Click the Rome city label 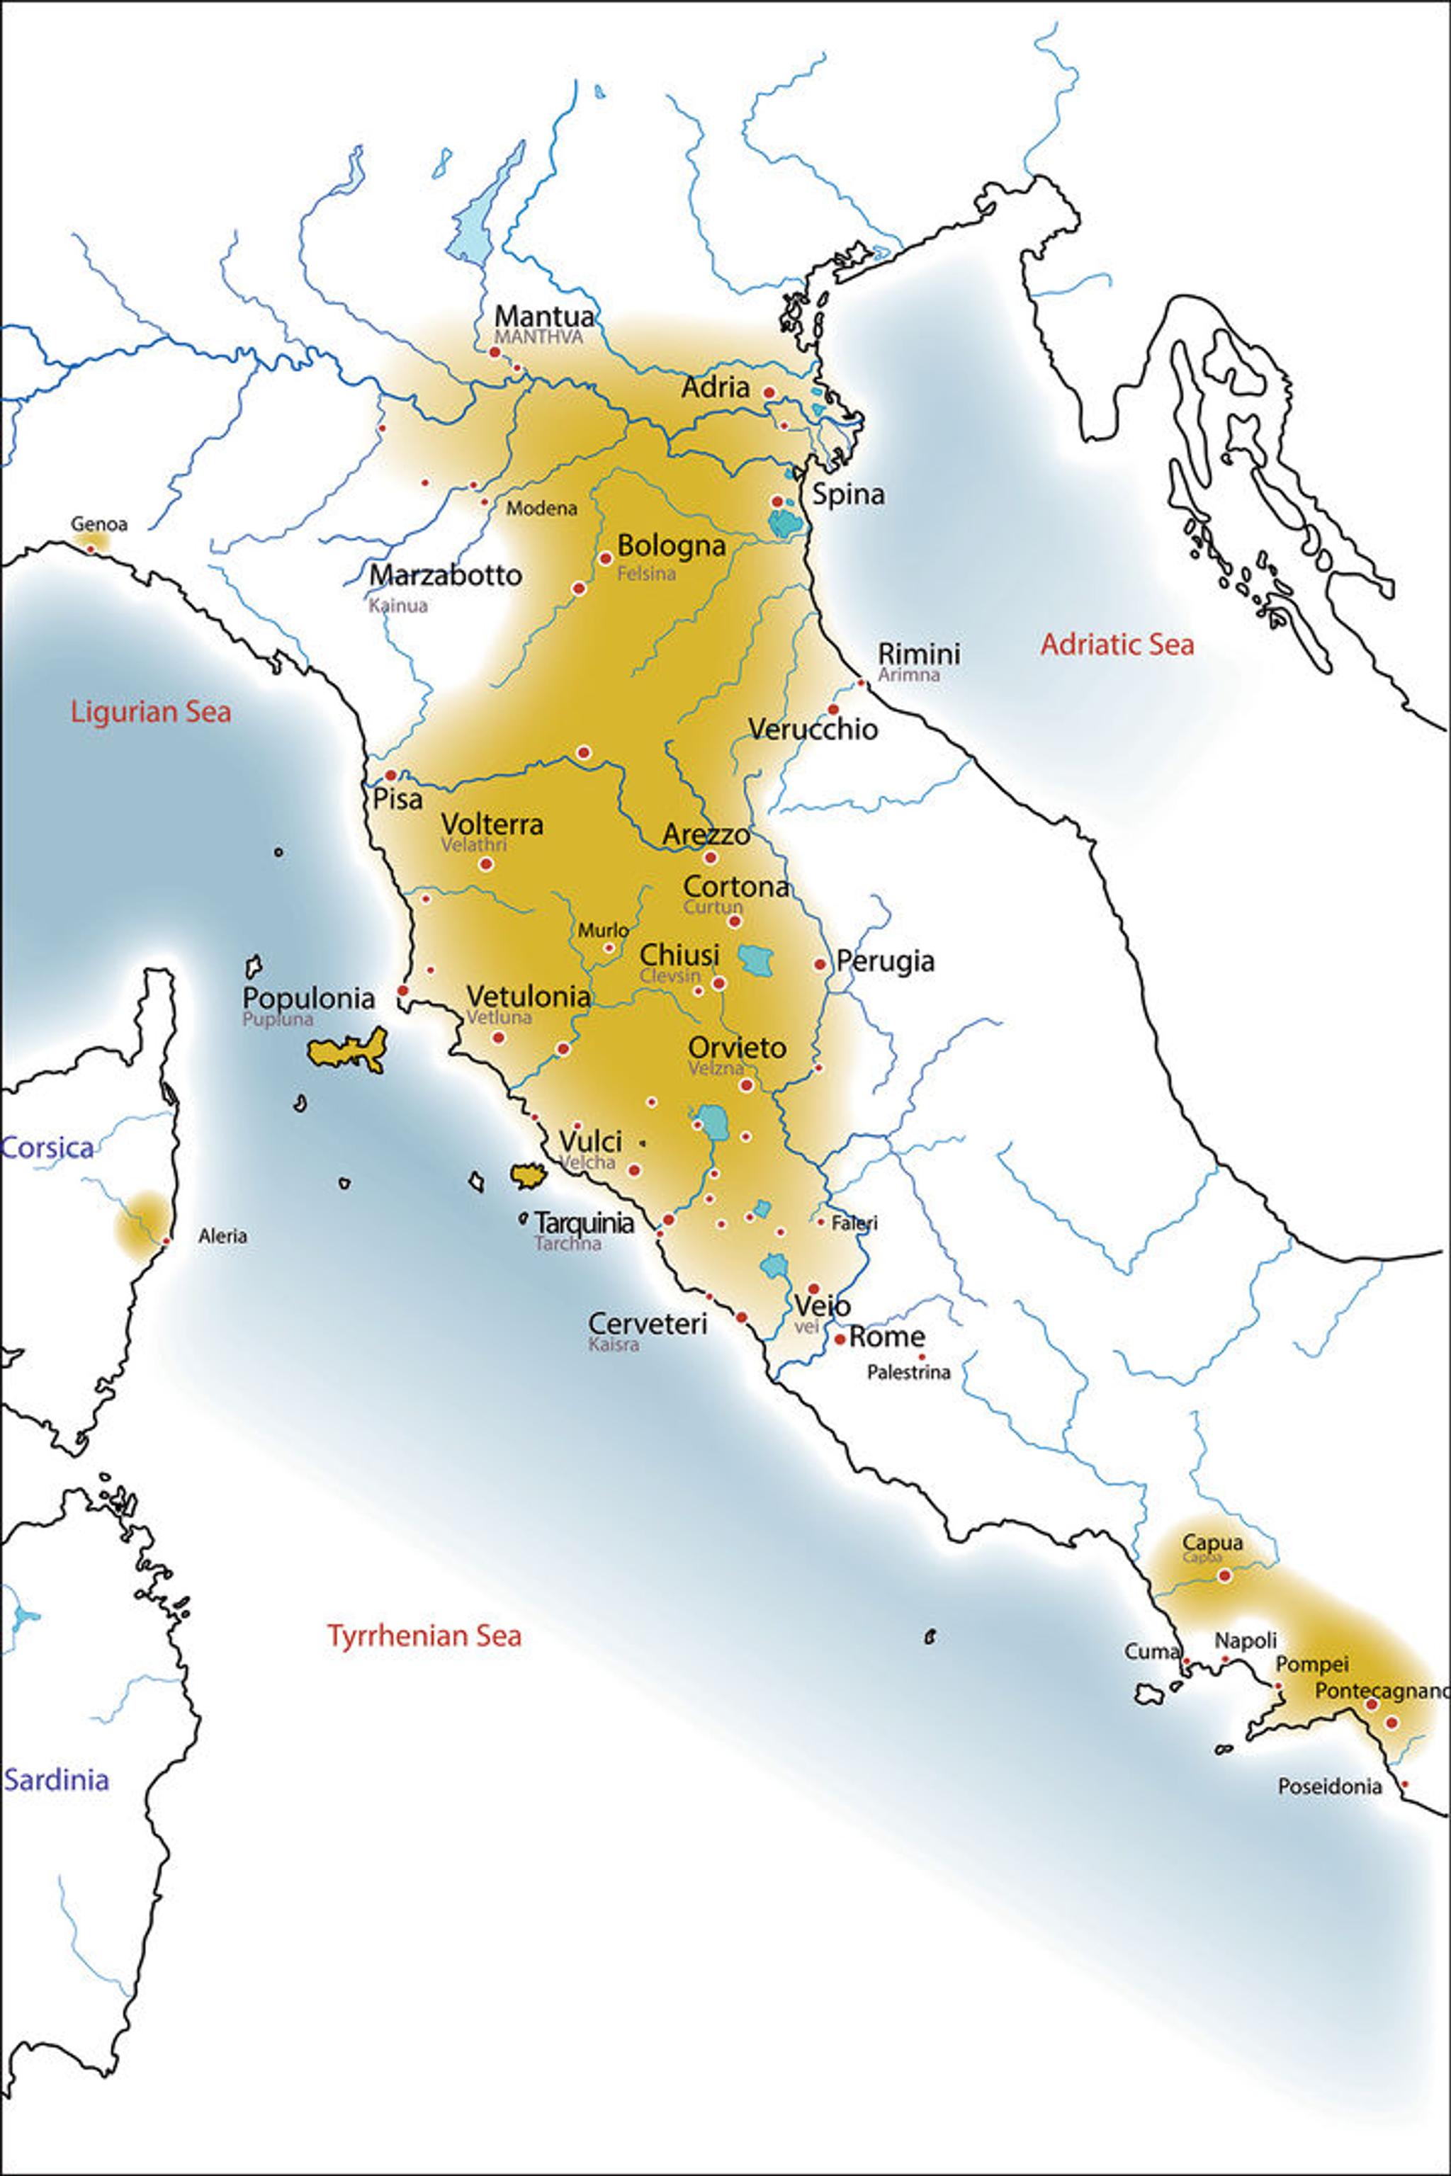point(886,1336)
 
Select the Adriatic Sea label point(1116,644)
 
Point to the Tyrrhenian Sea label point(424,1635)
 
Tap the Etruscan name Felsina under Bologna point(646,574)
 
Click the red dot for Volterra point(486,864)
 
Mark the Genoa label point(99,523)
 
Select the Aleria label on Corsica point(222,1235)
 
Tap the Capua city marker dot point(1224,1575)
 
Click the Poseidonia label point(1329,1786)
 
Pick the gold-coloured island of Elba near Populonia point(347,1052)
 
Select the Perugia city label point(885,960)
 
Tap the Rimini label point(918,653)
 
